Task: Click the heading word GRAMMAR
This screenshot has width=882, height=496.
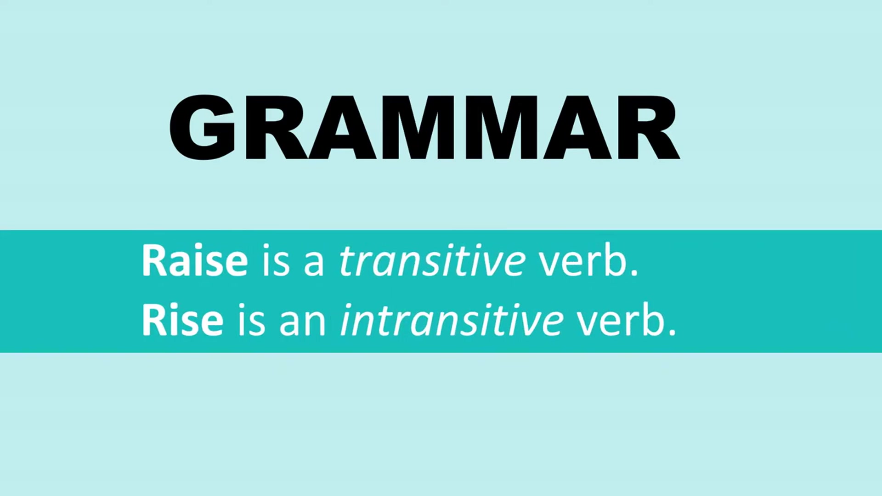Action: tap(424, 127)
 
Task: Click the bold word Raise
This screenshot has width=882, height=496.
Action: tap(195, 261)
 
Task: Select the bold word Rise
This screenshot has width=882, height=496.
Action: tap(182, 321)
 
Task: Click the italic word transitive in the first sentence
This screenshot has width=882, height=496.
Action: tap(432, 261)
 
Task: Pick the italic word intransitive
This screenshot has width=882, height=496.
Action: tap(452, 321)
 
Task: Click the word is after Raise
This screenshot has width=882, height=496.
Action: tap(276, 261)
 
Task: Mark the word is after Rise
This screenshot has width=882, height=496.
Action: tap(251, 321)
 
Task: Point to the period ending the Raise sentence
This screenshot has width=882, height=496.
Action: tap(634, 273)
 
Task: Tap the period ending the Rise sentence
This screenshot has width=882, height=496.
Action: tap(673, 333)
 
